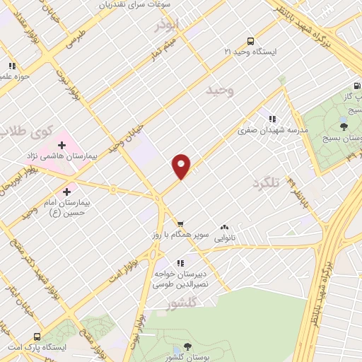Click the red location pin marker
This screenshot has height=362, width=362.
[x=182, y=165]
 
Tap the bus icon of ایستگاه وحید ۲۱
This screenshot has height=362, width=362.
[x=250, y=41]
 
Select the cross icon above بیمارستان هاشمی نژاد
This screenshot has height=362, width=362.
[x=62, y=145]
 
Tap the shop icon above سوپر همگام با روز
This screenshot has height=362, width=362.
[x=180, y=223]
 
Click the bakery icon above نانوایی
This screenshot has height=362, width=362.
[x=224, y=227]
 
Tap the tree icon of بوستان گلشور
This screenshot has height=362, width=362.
[x=187, y=346]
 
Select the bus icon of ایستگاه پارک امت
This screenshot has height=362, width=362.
[x=37, y=337]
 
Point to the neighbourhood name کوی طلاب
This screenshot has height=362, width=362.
[x=27, y=132]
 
